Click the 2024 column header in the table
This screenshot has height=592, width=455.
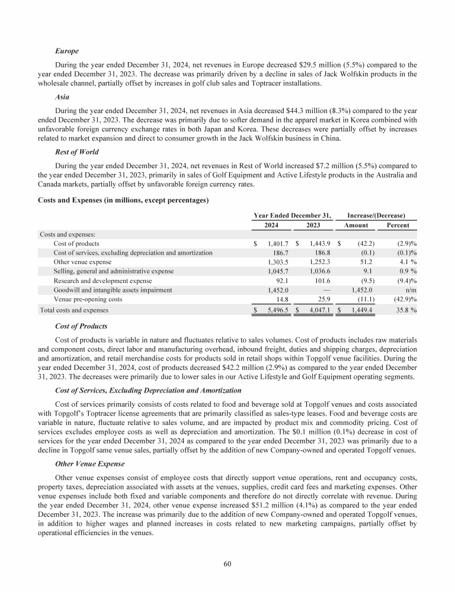click(268, 226)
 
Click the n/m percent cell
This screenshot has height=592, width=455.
click(411, 290)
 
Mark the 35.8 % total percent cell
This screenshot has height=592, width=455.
click(405, 310)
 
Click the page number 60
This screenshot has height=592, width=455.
click(227, 564)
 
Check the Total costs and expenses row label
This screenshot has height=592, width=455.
click(74, 310)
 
